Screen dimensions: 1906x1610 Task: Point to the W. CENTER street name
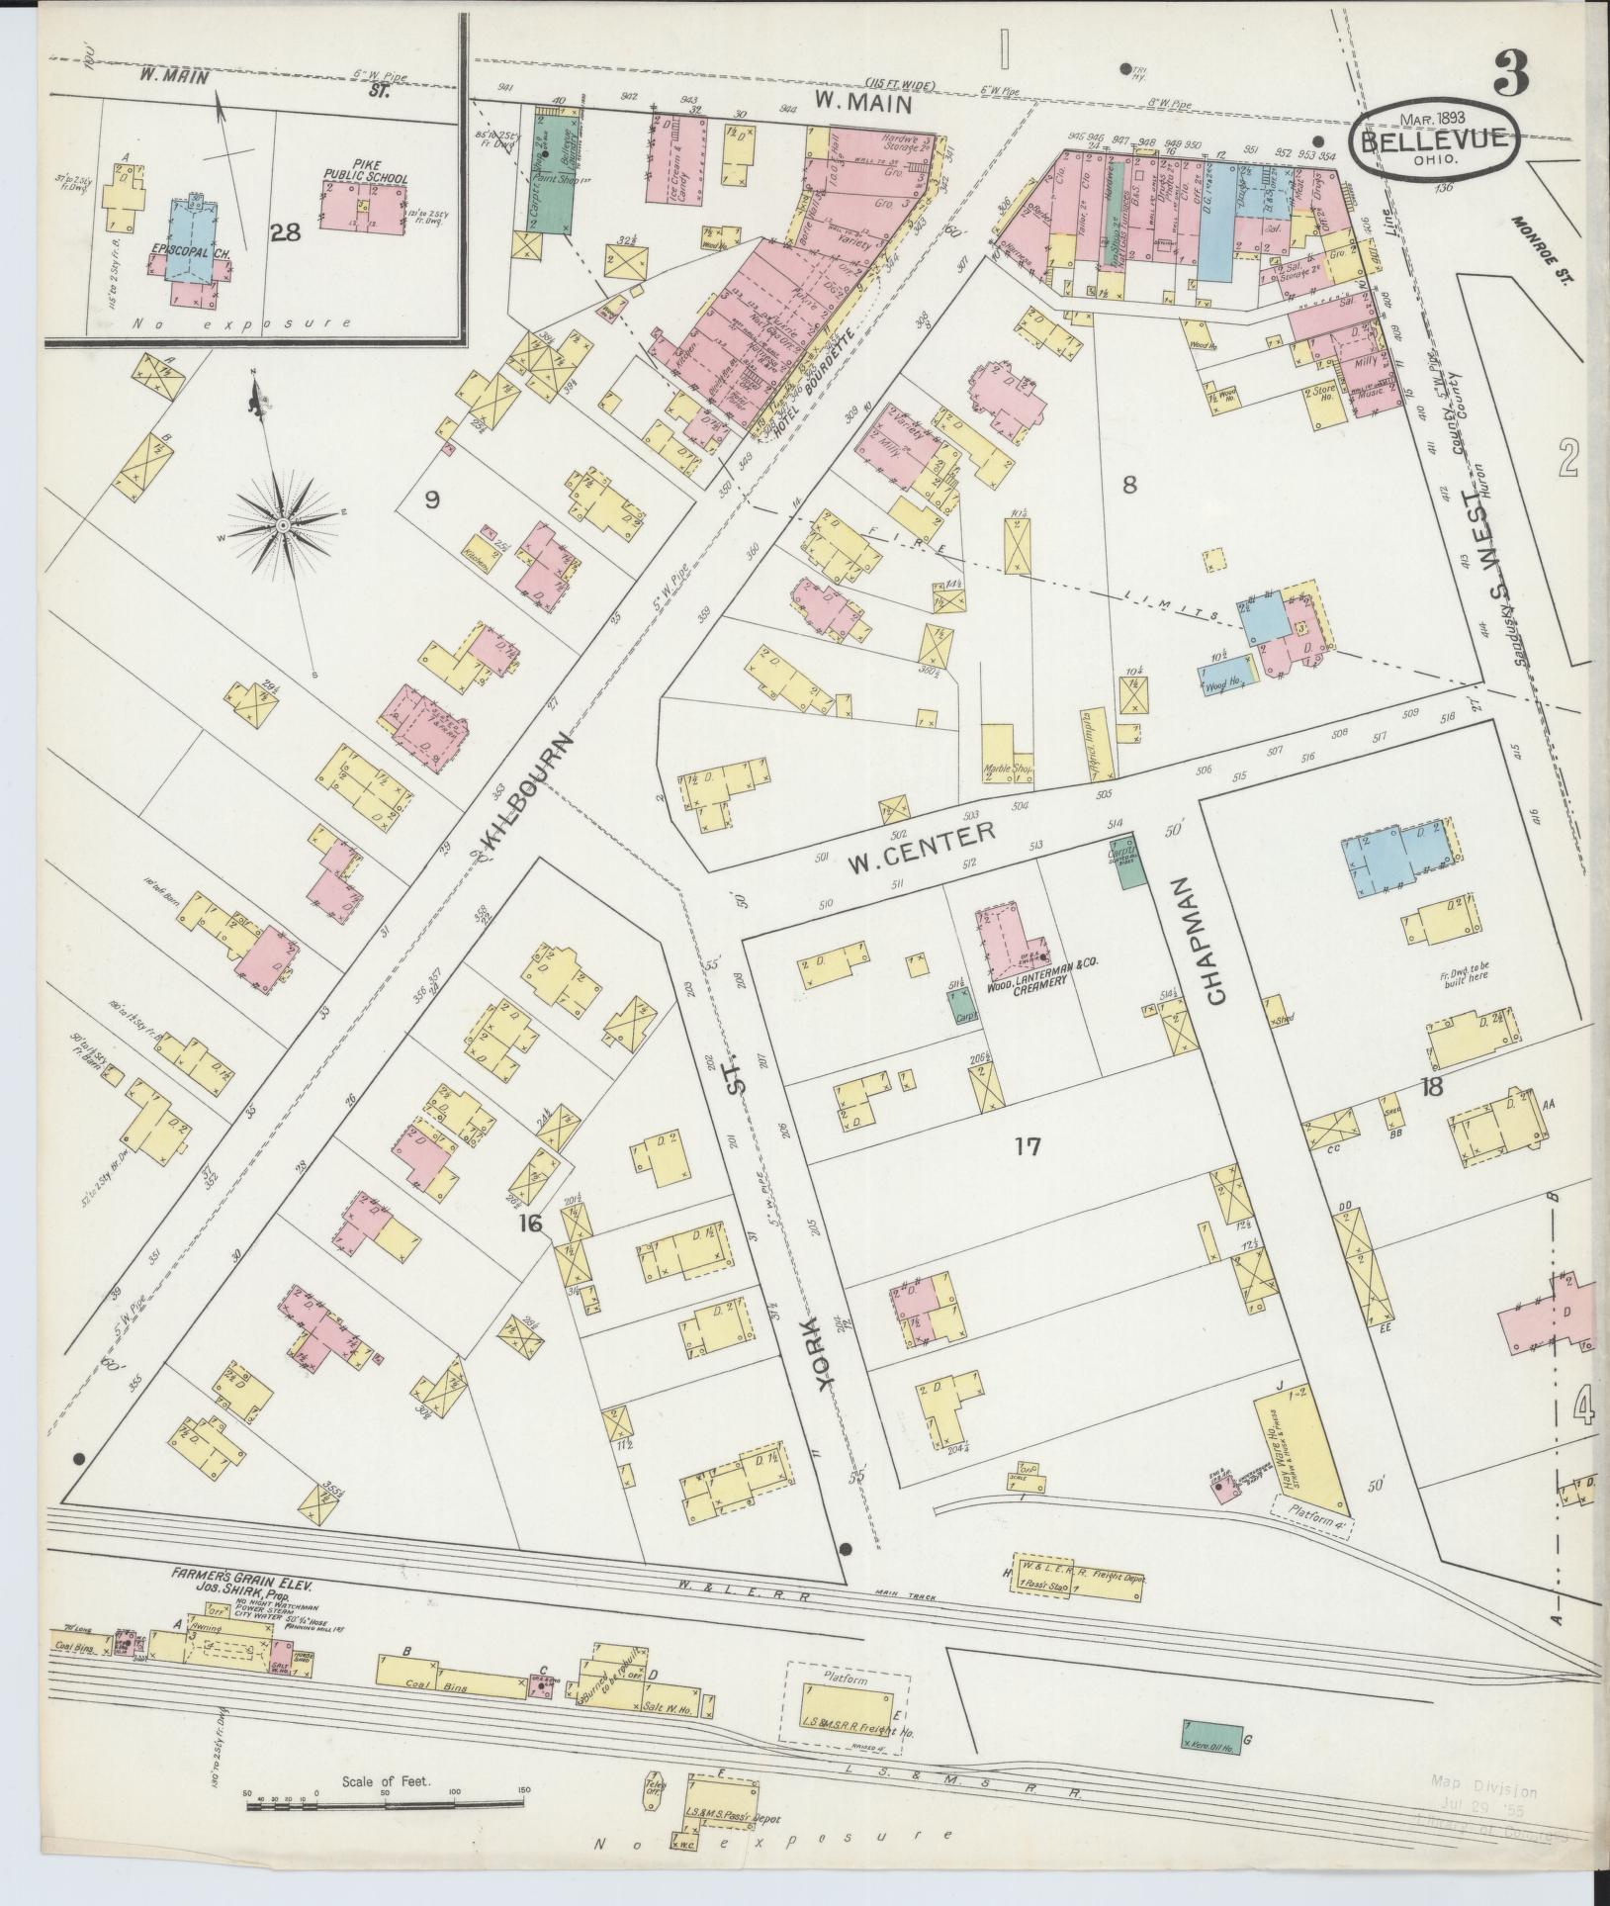coord(920,847)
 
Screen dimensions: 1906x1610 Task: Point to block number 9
coord(431,500)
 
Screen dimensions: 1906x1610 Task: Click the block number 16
coord(531,1225)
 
